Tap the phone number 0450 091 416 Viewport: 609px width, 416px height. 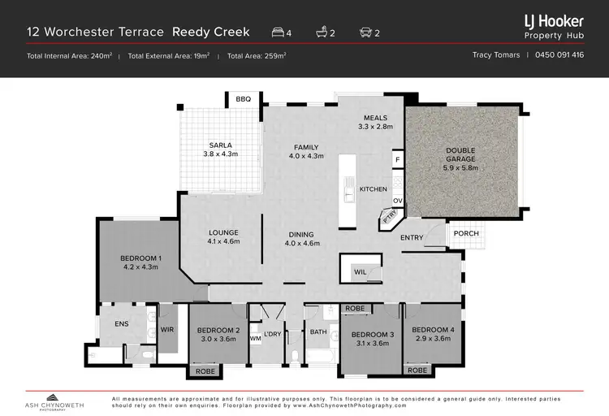pyautogui.click(x=560, y=55)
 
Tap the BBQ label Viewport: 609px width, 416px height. pyautogui.click(x=244, y=99)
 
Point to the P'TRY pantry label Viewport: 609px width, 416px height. pyautogui.click(x=389, y=218)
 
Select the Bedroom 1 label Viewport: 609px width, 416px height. pyautogui.click(x=141, y=258)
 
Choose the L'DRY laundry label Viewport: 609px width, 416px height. pyautogui.click(x=271, y=333)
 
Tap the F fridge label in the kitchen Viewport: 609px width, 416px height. pyautogui.click(x=398, y=161)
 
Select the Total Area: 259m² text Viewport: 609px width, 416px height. pyautogui.click(x=257, y=56)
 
